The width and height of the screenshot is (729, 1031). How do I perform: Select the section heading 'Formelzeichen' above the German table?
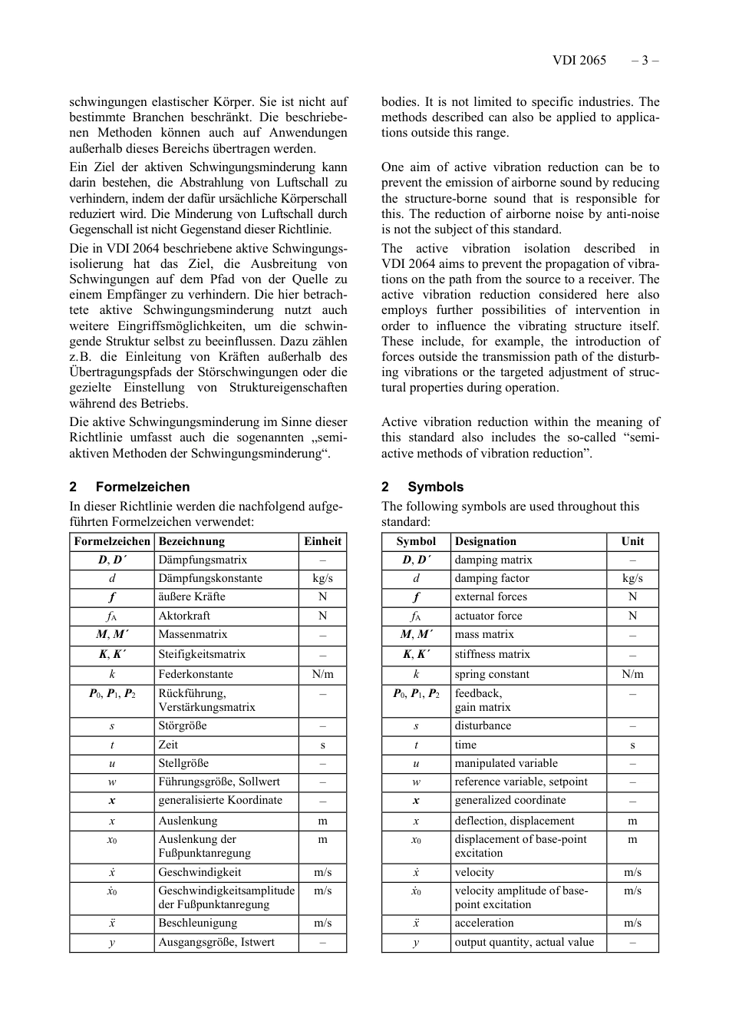[x=142, y=487]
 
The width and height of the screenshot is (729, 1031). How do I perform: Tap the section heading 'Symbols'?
[x=435, y=487]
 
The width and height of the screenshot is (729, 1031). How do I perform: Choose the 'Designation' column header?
[x=485, y=541]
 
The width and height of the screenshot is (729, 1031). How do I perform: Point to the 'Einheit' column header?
[x=322, y=541]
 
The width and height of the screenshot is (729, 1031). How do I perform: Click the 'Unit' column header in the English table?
[x=632, y=541]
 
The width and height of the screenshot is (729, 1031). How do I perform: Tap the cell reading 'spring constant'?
[x=492, y=674]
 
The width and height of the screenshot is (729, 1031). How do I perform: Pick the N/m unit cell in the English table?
[x=632, y=674]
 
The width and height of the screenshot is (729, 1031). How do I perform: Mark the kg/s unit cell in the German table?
[x=322, y=578]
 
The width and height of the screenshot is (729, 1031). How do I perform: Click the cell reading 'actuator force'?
[x=488, y=616]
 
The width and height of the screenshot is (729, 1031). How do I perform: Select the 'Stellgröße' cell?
[x=183, y=763]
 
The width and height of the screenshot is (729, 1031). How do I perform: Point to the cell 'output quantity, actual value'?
[x=524, y=942]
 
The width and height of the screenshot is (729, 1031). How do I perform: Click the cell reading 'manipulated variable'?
[x=506, y=763]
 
